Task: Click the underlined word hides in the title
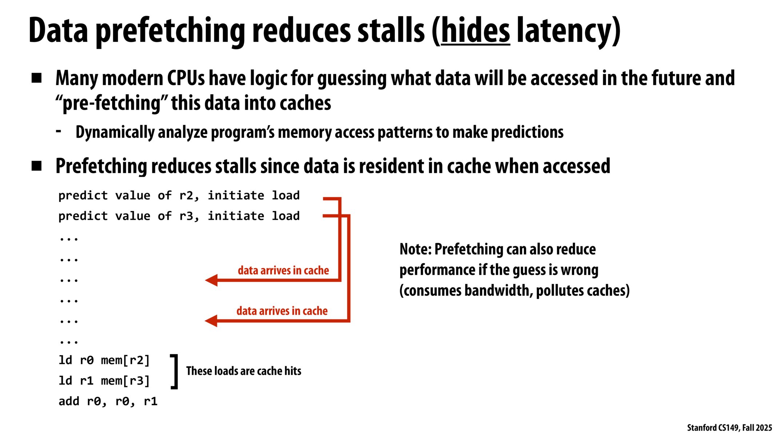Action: (x=475, y=31)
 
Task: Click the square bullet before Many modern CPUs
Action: (x=36, y=78)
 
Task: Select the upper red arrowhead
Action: (x=211, y=280)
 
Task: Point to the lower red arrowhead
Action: (x=211, y=321)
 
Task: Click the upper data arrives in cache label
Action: (x=283, y=270)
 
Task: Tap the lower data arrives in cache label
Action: (x=282, y=311)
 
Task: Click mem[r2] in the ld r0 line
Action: (x=126, y=360)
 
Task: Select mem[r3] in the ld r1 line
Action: (x=126, y=381)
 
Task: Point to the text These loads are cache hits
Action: (x=244, y=371)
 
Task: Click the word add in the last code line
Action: (x=69, y=401)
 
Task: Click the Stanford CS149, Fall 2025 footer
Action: (x=729, y=428)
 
